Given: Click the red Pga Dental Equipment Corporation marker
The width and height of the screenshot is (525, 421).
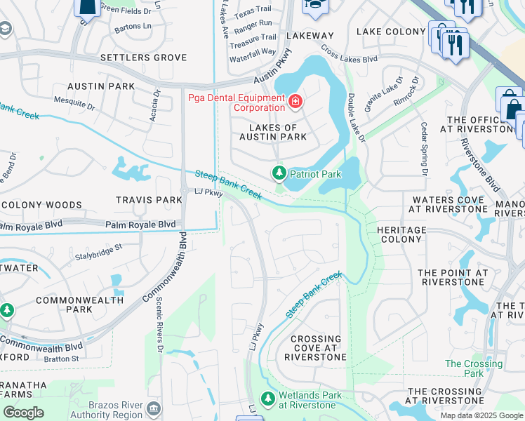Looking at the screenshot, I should [295, 102].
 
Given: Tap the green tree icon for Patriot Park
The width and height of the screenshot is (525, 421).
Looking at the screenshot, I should [279, 173].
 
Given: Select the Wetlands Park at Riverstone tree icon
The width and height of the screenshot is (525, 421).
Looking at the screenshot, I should [267, 399].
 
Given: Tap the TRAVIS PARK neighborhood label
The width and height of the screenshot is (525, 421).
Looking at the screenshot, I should [149, 200].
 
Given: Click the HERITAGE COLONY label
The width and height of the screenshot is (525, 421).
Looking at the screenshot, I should [401, 234].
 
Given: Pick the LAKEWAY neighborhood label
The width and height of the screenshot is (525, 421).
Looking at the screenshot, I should [310, 36].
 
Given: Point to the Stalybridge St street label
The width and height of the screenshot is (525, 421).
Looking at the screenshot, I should [99, 252].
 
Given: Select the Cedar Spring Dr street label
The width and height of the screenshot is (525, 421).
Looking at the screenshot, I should [424, 148].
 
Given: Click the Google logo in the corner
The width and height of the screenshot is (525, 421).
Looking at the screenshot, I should [24, 413].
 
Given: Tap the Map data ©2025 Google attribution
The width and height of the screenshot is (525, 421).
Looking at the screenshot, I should [481, 415].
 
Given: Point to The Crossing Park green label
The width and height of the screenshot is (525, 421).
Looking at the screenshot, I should [473, 368].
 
